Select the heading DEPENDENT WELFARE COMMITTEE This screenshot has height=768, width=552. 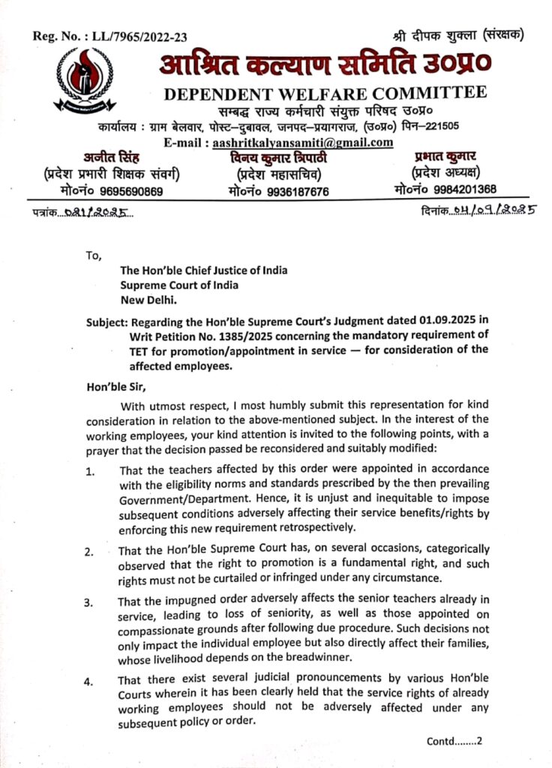click(x=325, y=94)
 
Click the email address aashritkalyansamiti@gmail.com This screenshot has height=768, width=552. click(x=303, y=142)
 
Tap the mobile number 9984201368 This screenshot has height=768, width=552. click(x=460, y=189)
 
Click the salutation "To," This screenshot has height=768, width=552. click(x=94, y=255)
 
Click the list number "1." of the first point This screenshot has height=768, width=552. click(x=90, y=472)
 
